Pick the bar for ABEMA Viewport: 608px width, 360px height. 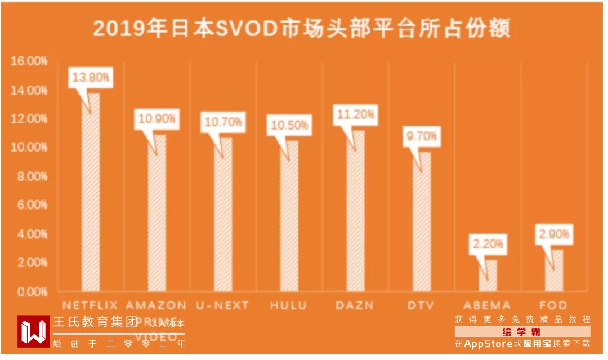point(488,276)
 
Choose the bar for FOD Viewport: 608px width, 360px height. point(554,271)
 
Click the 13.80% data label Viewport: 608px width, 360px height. point(90,78)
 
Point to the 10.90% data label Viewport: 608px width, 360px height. point(157,119)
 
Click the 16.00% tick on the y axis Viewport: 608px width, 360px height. point(29,61)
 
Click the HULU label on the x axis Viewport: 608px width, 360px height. point(289,306)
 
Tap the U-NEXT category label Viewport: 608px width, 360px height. point(222,306)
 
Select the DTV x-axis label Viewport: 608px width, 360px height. point(421,306)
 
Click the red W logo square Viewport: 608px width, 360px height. point(33,332)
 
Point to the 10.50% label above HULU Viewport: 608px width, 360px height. point(289,125)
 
